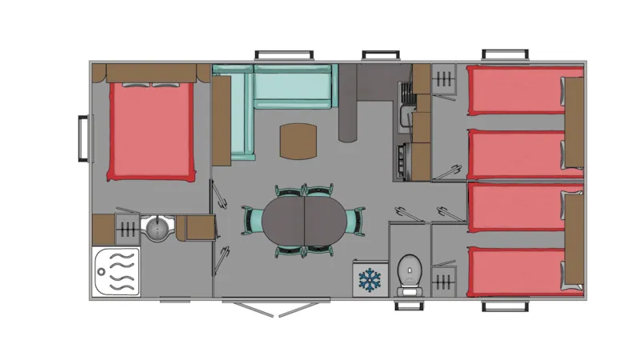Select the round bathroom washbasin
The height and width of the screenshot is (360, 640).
pos(156,229)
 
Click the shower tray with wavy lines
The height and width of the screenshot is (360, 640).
pos(116,271)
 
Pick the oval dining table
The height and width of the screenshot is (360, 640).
pos(304,222)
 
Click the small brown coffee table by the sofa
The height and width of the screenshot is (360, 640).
pos(298,142)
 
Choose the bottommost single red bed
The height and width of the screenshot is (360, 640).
pos(516,271)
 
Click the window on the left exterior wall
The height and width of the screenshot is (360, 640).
pos(82,139)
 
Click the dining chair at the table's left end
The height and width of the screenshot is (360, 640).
pos(252,220)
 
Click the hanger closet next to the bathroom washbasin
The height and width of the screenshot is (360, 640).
pos(126,229)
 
